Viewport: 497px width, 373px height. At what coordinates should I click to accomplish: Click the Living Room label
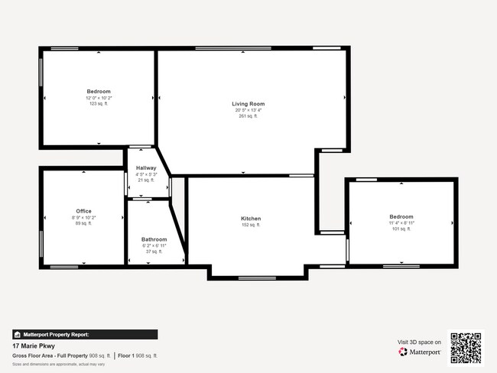click(248, 104)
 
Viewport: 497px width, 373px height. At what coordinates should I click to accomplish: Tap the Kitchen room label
click(251, 219)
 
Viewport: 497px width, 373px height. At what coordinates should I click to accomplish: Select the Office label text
click(83, 211)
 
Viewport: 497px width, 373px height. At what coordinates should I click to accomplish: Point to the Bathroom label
click(154, 239)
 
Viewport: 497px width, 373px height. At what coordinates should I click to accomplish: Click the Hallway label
click(146, 168)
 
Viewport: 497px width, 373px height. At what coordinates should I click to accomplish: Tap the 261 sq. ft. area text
click(248, 116)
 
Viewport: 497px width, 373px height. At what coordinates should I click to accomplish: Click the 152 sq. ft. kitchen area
click(251, 225)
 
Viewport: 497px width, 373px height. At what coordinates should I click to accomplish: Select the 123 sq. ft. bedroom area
click(99, 103)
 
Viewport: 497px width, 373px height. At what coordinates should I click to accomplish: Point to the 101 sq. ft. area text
click(401, 229)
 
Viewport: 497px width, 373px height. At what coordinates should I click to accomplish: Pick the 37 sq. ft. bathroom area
click(154, 251)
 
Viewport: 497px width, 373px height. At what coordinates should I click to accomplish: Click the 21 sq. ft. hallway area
click(146, 180)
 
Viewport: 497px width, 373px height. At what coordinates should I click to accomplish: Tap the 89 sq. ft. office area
click(83, 223)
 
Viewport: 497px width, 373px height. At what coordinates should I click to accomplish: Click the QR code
click(466, 348)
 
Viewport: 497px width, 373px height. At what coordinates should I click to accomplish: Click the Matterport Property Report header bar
click(85, 334)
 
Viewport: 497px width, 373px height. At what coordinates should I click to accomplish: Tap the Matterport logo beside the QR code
click(420, 352)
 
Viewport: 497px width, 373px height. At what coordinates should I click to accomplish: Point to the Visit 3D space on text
click(419, 342)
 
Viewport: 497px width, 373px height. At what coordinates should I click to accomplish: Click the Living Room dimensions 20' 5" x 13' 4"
click(248, 110)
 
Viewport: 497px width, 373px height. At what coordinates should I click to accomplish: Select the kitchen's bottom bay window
click(257, 277)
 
